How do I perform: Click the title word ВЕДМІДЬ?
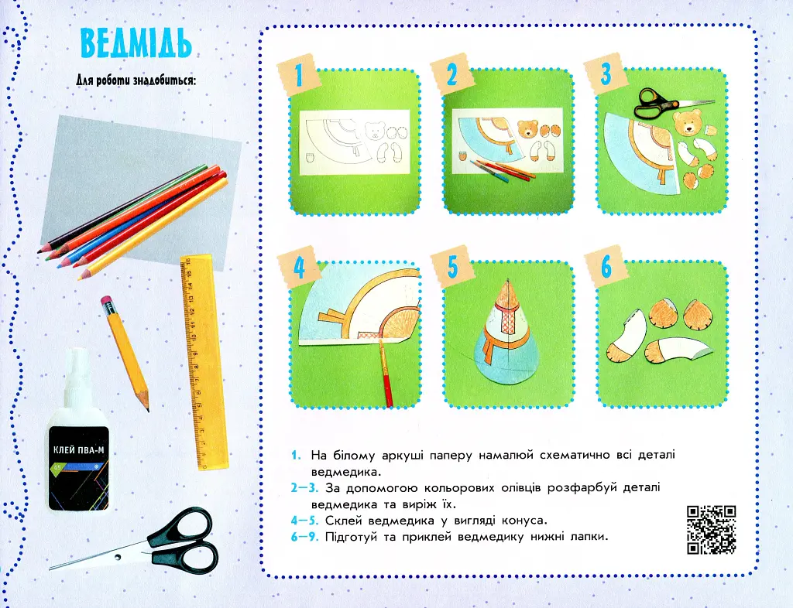click(136, 43)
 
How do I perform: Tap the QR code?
click(711, 530)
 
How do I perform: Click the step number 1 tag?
click(298, 75)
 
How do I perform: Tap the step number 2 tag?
click(452, 75)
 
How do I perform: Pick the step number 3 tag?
click(606, 73)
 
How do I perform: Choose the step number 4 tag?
click(300, 268)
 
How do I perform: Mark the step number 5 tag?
click(452, 267)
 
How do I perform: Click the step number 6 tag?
click(606, 267)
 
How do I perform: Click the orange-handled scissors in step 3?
click(668, 103)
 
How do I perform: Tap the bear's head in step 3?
click(688, 123)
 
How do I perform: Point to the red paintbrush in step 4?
click(386, 373)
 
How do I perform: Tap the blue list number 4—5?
click(304, 520)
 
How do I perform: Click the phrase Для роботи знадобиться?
click(136, 80)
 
